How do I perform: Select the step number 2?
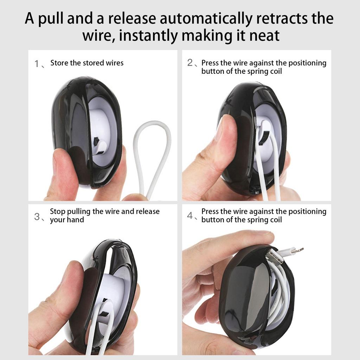tap(190, 63)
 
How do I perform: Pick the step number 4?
tap(190, 216)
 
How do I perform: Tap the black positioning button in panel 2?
tap(264, 139)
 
